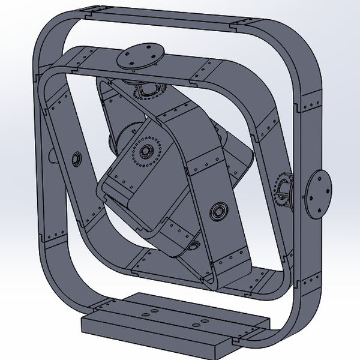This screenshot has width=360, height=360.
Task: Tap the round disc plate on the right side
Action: coord(317,193)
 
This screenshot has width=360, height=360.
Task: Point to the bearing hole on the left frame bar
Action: coord(76,159)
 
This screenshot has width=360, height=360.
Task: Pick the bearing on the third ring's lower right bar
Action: coord(217,211)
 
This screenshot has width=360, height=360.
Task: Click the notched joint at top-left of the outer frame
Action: coord(88,12)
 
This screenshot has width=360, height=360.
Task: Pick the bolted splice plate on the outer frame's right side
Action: coord(310,102)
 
